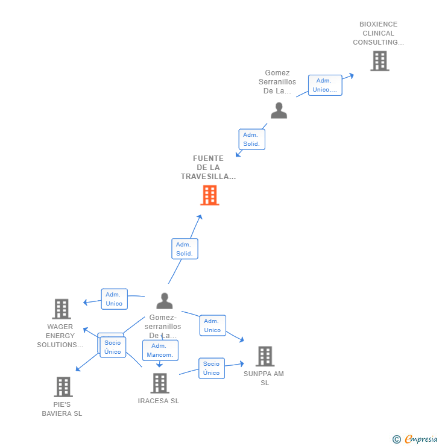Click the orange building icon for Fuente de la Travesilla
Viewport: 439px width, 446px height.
coord(209,195)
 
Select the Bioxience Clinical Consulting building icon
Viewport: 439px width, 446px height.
coord(379,61)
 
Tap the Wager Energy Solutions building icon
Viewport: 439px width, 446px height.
coord(62,309)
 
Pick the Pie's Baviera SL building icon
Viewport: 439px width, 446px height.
coord(63,386)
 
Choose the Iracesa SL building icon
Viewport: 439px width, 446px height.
coord(159,383)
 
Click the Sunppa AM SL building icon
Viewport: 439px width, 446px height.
coord(265,356)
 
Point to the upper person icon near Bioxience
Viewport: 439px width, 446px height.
coord(279,110)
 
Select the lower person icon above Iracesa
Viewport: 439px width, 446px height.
coord(164,301)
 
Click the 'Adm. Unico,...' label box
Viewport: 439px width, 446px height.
coord(325,85)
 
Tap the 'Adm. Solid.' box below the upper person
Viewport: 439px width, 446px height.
coord(251,139)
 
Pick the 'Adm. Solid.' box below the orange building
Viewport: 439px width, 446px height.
coord(184,249)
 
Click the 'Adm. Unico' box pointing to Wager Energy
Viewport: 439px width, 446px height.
coord(114,299)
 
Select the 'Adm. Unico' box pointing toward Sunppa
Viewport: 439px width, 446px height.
coord(212,325)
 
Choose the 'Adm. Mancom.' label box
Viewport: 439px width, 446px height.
coord(160,350)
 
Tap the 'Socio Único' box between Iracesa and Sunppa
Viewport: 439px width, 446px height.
coord(212,368)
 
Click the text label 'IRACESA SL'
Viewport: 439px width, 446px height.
coord(159,401)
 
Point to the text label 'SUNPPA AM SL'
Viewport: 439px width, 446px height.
coord(264,378)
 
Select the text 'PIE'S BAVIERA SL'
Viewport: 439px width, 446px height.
coord(62,409)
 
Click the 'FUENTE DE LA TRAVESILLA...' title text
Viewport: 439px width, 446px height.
coord(208,168)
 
